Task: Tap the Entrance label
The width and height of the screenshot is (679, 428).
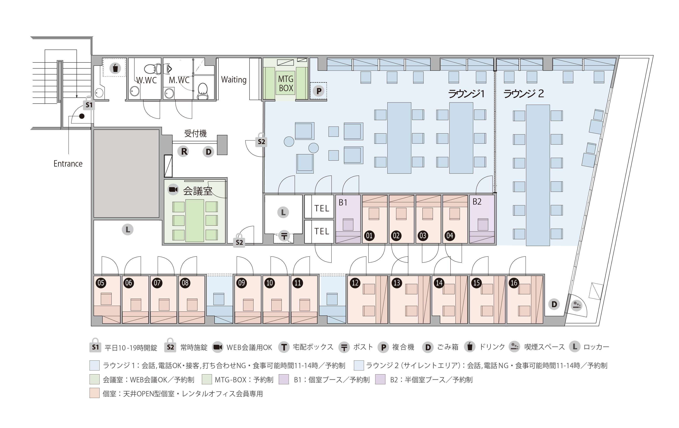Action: tap(68, 164)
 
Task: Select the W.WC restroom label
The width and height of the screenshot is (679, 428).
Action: tap(147, 80)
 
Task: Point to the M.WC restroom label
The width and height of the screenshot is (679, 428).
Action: tap(179, 80)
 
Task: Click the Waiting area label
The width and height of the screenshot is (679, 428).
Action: tap(234, 80)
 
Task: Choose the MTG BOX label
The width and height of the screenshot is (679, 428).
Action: tap(286, 84)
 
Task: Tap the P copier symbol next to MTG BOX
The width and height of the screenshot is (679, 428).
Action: tap(319, 91)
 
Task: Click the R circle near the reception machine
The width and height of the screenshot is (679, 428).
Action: tap(183, 151)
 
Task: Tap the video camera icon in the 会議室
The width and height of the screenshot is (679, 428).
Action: tap(173, 189)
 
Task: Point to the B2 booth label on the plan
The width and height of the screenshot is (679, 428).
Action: tap(477, 202)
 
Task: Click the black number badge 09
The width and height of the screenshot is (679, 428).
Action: tap(242, 283)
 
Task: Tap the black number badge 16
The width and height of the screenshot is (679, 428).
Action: tap(514, 283)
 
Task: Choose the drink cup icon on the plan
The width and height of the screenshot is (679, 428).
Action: tap(115, 68)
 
